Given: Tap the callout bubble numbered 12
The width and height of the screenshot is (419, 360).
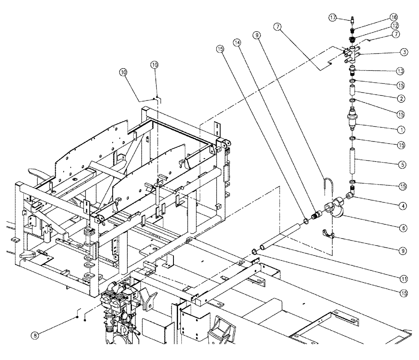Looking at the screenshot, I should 396,26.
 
